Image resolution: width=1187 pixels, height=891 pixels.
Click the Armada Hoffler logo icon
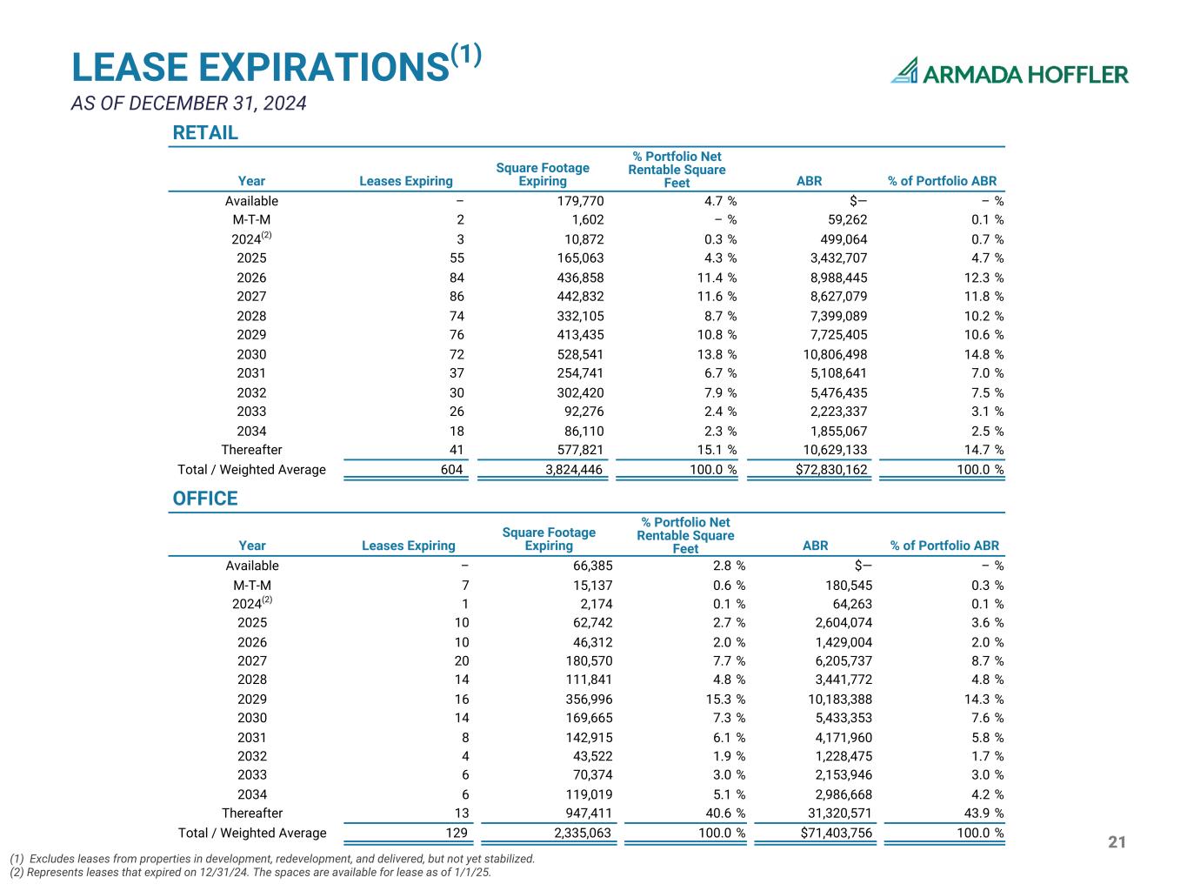[904, 70]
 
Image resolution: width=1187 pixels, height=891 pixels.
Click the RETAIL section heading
[205, 132]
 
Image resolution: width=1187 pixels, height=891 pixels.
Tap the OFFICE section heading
[205, 499]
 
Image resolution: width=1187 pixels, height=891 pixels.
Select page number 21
[1117, 841]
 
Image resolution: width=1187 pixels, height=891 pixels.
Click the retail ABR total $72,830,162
[831, 470]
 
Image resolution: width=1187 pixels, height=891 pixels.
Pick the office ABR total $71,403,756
[836, 833]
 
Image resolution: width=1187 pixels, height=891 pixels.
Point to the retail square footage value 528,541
[580, 354]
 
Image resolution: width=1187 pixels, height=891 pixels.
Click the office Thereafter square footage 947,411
[589, 813]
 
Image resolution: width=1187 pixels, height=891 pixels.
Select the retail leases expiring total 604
[451, 470]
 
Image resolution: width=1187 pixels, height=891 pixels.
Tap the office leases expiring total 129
[457, 833]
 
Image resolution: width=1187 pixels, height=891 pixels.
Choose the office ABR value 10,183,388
[840, 699]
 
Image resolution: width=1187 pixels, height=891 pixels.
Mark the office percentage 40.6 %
[725, 813]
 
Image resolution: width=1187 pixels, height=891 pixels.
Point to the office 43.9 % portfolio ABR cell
[984, 813]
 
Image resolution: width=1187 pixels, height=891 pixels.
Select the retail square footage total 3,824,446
[574, 470]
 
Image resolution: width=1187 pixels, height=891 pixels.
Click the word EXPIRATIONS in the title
[323, 67]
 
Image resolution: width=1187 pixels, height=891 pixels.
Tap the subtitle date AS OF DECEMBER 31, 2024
[189, 103]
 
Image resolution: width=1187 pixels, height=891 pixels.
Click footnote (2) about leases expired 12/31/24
[250, 872]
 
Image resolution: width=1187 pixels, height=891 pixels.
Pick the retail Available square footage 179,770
[580, 201]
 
